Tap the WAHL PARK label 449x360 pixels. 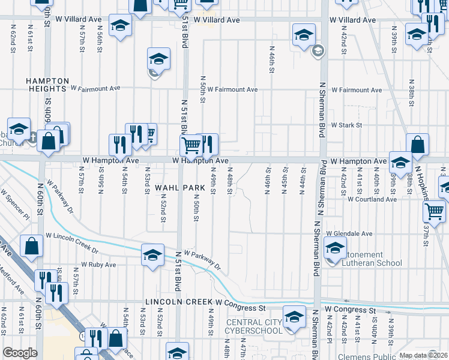176,188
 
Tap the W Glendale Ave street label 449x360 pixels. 349,233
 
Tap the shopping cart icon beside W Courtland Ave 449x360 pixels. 435,211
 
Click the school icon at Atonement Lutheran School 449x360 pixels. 335,247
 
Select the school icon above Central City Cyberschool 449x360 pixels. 294,316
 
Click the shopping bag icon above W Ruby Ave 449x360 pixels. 32,245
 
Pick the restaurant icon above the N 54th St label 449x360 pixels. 120,144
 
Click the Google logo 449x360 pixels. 20,353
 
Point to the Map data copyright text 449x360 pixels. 423,355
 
